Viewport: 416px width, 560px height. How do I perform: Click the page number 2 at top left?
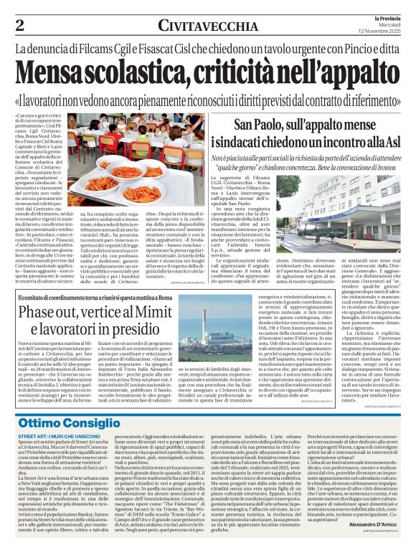(x=19, y=25)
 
